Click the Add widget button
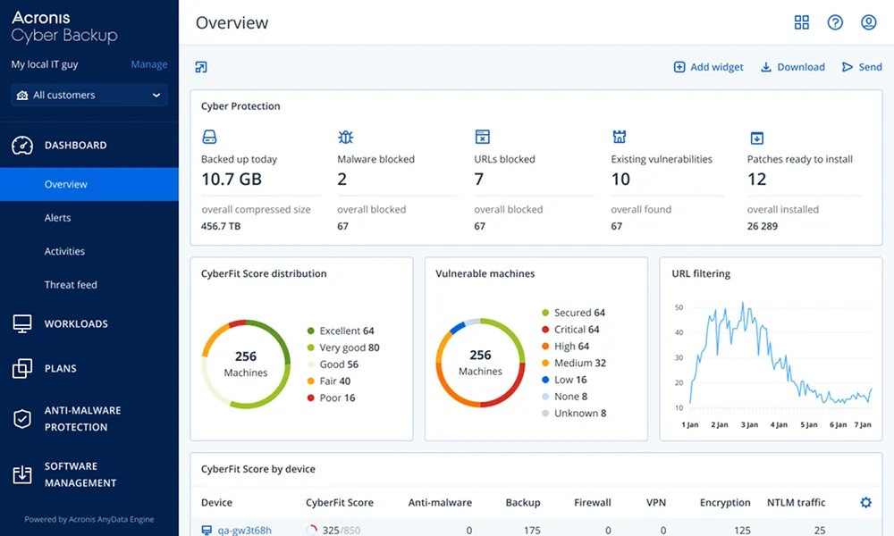click(x=708, y=67)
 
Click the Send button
click(x=862, y=67)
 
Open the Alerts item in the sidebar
click(x=58, y=218)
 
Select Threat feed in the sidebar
click(x=71, y=285)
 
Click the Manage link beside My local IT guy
click(x=148, y=64)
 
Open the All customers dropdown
click(x=89, y=95)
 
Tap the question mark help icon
click(x=835, y=22)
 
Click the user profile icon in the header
click(x=868, y=22)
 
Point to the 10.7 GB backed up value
click(x=231, y=179)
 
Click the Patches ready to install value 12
click(x=756, y=179)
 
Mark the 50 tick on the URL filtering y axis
click(x=679, y=307)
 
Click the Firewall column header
click(x=592, y=503)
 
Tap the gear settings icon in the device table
click(x=865, y=503)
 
